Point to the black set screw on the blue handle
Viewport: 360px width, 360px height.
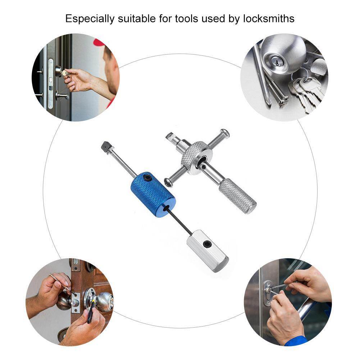(147, 178)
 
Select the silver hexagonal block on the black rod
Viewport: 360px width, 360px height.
(208, 250)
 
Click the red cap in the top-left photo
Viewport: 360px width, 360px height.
(99, 42)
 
